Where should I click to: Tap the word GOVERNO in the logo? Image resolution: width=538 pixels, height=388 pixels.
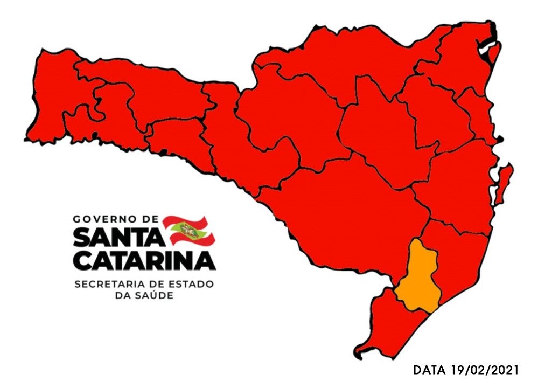107,220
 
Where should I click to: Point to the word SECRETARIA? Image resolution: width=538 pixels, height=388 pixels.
108,284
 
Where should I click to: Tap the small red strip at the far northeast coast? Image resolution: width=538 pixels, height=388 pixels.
494,54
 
